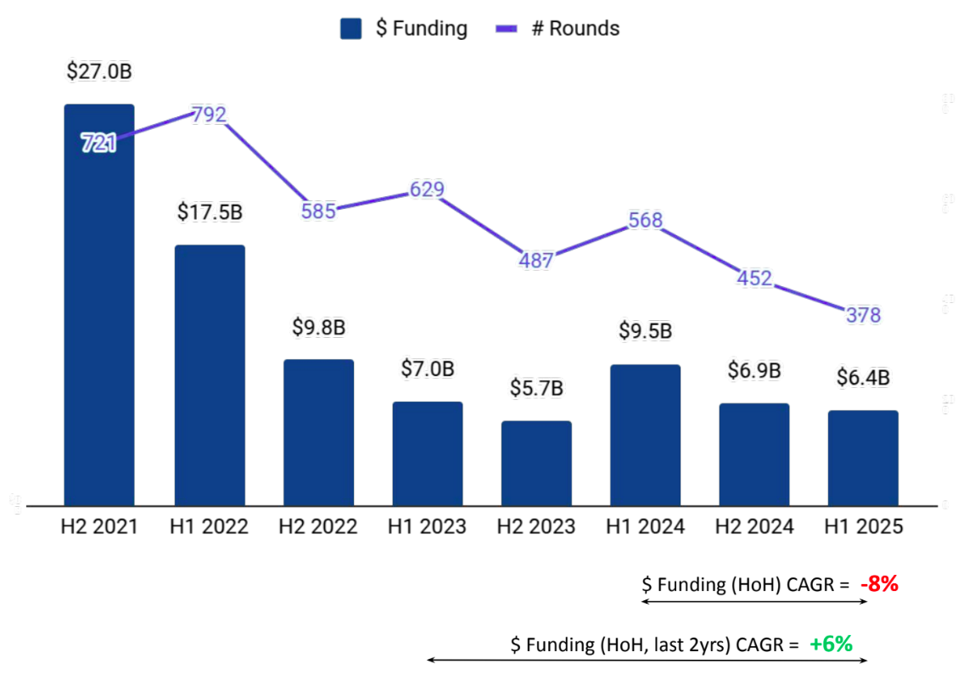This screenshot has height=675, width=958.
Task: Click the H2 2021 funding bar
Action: coord(99,323)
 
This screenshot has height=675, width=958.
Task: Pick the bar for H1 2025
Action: coord(863,458)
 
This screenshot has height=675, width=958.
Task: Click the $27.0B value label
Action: coord(99,71)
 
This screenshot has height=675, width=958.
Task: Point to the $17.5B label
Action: coord(210,212)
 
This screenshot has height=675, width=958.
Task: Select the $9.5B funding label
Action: coord(645,331)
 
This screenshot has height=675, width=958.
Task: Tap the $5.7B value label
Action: coord(536,388)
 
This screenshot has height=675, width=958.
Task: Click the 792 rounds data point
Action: coord(209,114)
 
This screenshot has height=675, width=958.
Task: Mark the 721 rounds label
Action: coord(98,143)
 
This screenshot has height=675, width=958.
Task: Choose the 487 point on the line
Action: coord(535,260)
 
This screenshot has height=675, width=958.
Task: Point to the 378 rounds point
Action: coord(863,315)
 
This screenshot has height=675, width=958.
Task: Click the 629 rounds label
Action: coord(427,189)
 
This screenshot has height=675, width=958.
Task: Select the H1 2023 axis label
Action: coord(427,527)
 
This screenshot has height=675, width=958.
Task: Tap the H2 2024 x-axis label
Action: coord(754,527)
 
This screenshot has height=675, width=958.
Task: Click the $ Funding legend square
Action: coord(351,29)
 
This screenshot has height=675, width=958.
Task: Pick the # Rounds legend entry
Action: coord(557,29)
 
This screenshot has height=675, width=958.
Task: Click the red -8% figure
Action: coord(878,584)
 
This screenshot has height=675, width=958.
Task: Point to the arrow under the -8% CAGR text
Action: coord(754,601)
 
